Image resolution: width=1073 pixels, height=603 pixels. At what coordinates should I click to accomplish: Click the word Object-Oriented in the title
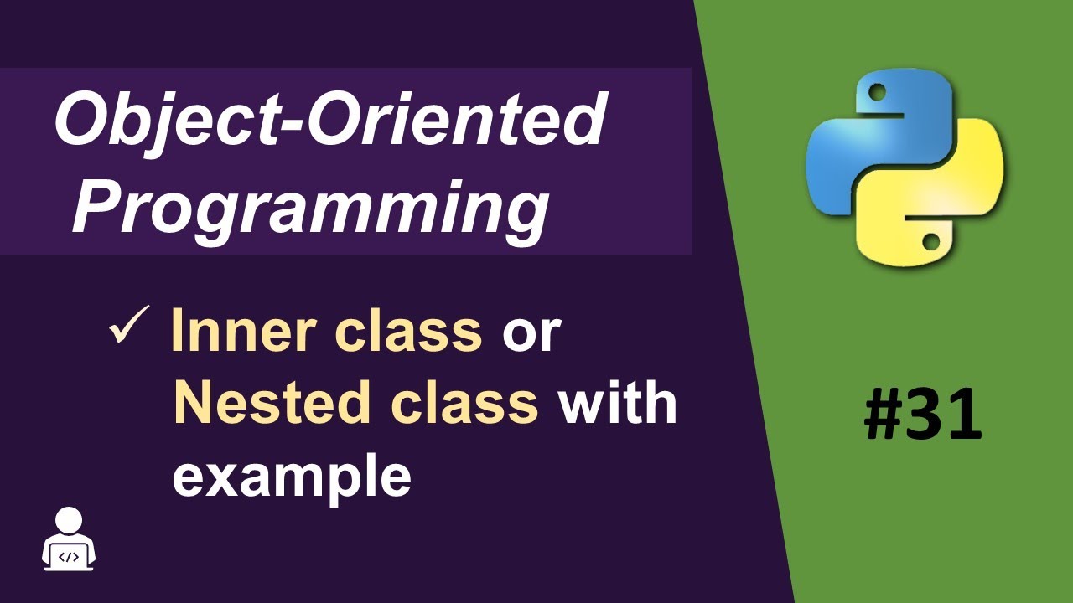pyautogui.click(x=329, y=121)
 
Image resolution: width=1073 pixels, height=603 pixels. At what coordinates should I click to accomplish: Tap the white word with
pyautogui.click(x=618, y=403)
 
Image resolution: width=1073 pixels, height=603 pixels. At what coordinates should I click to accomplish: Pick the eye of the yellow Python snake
pyautogui.click(x=930, y=243)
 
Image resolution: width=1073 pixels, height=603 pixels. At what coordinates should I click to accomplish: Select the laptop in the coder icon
pyautogui.click(x=69, y=555)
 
